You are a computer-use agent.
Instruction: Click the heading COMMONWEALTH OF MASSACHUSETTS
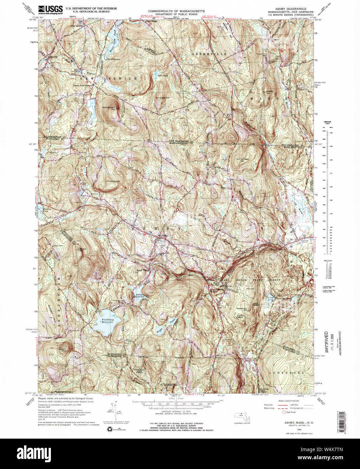(x=176, y=11)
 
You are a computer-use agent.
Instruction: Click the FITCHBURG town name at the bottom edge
(x=169, y=385)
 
